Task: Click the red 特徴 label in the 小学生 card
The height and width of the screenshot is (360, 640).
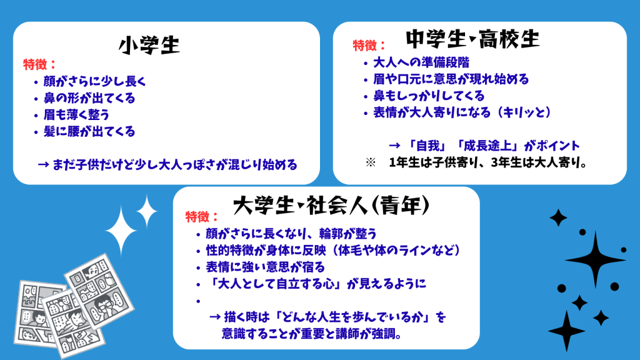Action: click(x=39, y=64)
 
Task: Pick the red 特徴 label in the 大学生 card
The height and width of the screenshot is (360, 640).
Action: click(x=202, y=217)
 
